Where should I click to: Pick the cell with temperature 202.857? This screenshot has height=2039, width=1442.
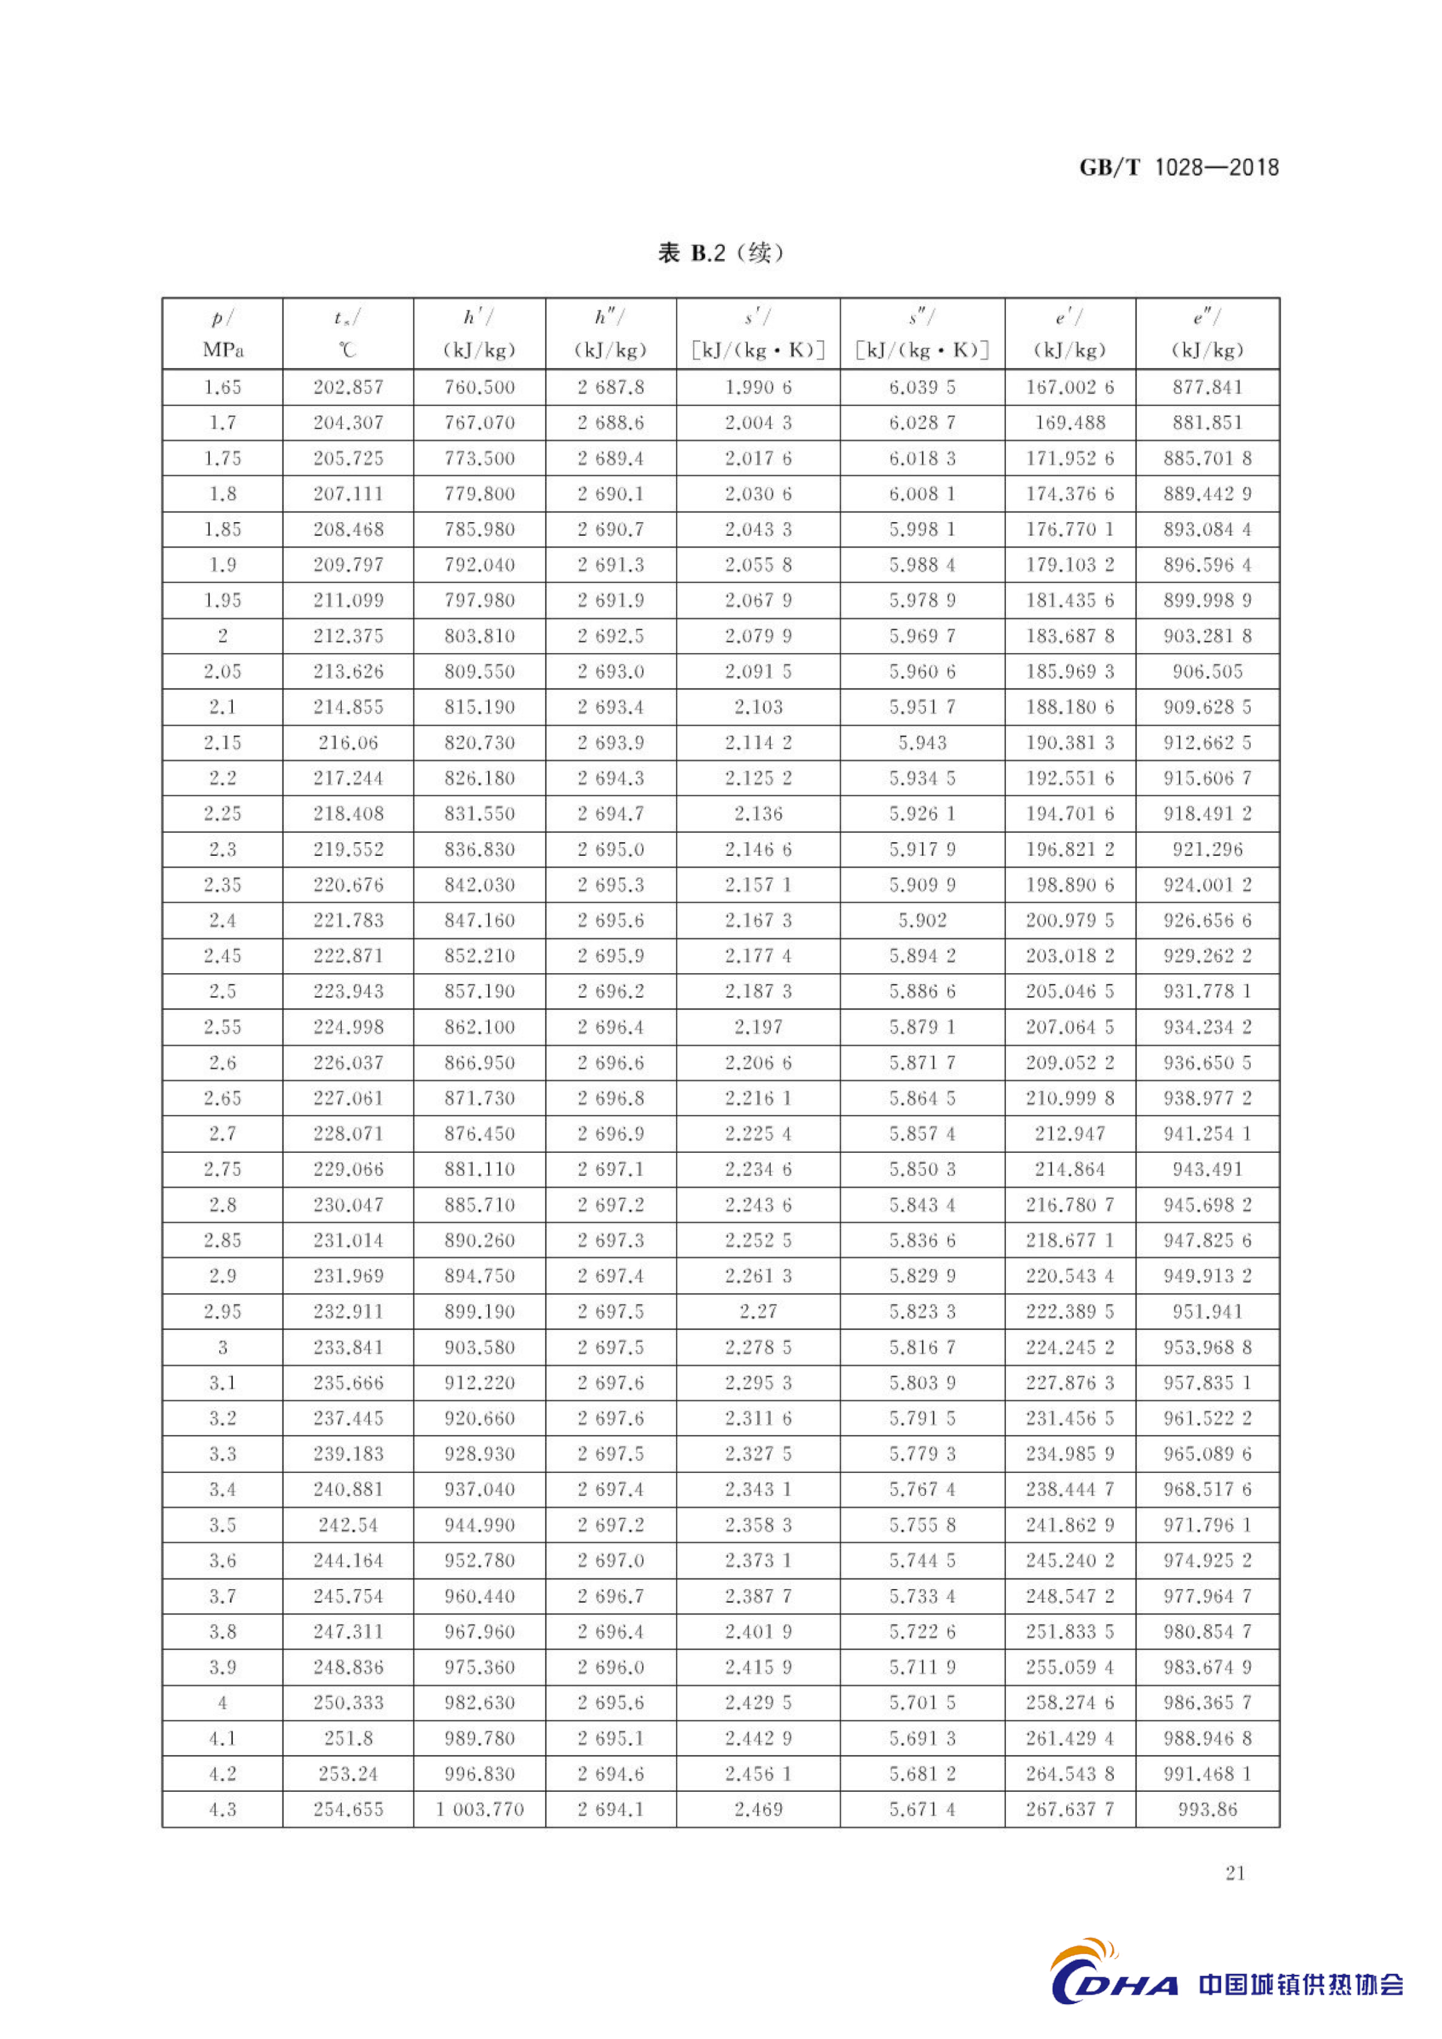[x=348, y=387]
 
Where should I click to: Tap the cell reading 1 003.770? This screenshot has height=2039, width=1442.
[x=480, y=1809]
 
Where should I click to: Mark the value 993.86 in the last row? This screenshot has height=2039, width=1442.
[x=1208, y=1809]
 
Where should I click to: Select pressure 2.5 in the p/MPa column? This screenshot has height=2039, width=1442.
[x=222, y=991]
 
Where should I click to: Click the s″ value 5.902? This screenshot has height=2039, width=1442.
[x=923, y=920]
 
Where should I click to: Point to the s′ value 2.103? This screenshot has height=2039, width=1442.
[x=758, y=707]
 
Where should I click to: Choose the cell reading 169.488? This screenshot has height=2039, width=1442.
[x=1070, y=423]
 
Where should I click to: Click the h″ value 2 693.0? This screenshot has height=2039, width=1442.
[x=611, y=672]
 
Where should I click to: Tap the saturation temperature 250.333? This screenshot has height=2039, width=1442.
[x=348, y=1702]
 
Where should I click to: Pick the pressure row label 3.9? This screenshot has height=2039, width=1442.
[x=222, y=1667]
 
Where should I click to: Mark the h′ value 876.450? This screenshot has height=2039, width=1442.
[x=480, y=1133]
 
